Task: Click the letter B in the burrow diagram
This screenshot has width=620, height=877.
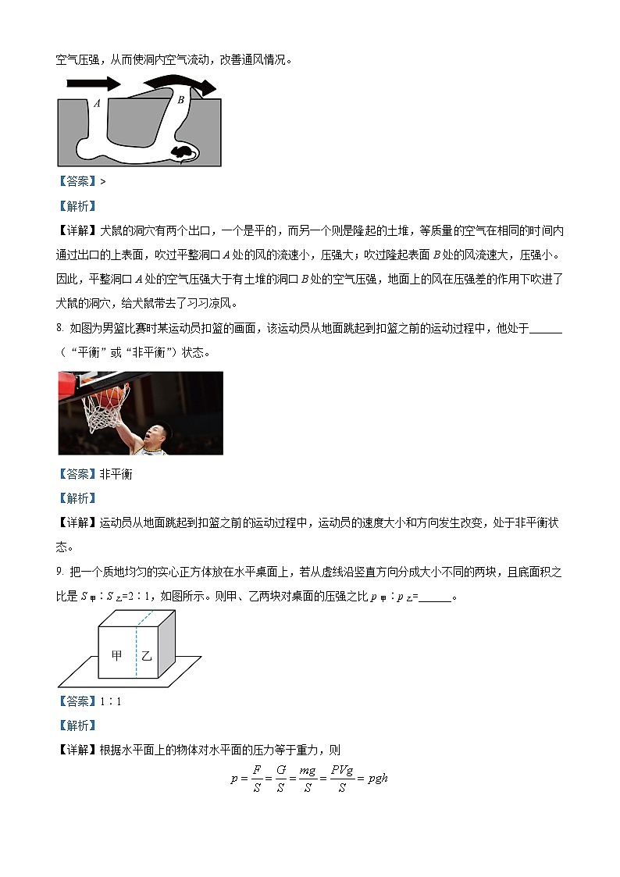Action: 180,99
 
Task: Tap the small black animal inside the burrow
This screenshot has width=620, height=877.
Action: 183,152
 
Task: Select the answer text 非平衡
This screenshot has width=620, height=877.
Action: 116,474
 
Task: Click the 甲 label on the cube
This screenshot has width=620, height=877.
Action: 117,657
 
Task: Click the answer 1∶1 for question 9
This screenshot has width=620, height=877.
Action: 111,701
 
